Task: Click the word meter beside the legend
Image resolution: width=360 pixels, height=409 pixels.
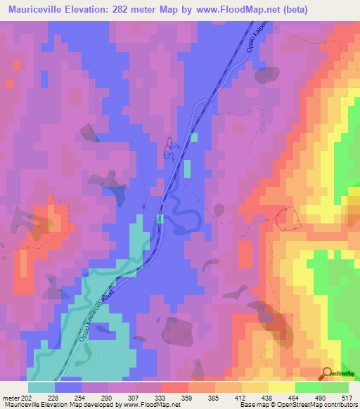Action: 8,398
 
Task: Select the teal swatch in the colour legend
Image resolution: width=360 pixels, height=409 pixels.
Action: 42,387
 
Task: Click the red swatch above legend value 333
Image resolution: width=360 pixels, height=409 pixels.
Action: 174,387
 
